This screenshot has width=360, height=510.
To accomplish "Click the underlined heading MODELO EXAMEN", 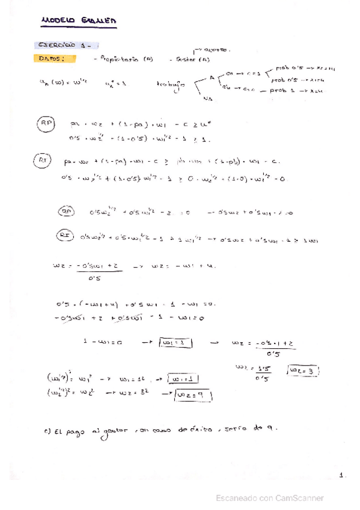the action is [x=78, y=21].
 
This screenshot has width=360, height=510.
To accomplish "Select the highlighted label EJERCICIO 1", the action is [x=67, y=46].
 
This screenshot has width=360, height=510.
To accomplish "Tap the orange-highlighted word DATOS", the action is [x=56, y=59].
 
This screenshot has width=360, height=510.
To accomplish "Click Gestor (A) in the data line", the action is [x=190, y=60].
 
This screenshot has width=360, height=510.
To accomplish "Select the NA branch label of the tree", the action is [x=208, y=98].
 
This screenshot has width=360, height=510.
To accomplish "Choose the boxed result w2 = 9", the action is [x=194, y=395].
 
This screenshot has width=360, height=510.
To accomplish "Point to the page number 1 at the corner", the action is [x=341, y=475].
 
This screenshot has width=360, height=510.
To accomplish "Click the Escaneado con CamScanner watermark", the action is [x=270, y=498].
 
